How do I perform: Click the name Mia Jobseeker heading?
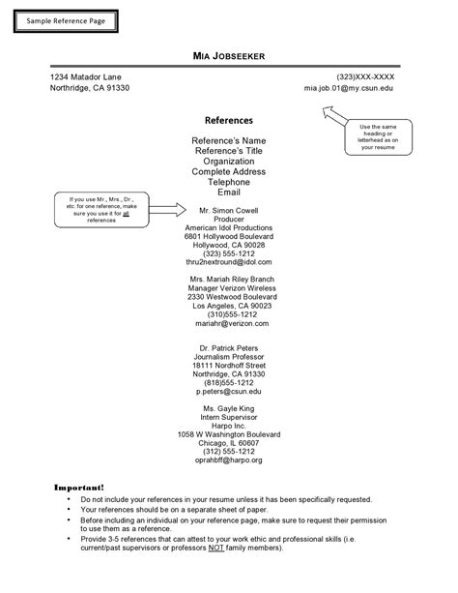pyautogui.click(x=229, y=54)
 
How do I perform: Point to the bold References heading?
pyautogui.click(x=229, y=121)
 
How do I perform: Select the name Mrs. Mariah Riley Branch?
pyautogui.click(x=229, y=278)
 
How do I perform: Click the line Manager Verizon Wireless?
pyautogui.click(x=229, y=287)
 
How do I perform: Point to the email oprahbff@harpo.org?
pyautogui.click(x=229, y=461)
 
